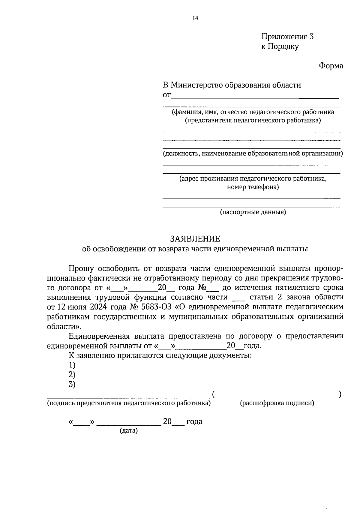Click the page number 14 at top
click(x=195, y=18)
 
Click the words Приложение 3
click(x=287, y=37)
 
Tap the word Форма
click(x=331, y=66)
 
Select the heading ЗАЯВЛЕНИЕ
click(x=195, y=239)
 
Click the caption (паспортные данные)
click(x=253, y=212)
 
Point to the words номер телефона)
click(x=253, y=187)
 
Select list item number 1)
click(x=72, y=365)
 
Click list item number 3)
click(x=72, y=384)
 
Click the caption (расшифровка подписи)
click(x=277, y=403)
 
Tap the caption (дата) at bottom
click(x=129, y=431)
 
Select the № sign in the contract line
click(x=201, y=288)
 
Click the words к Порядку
click(x=280, y=46)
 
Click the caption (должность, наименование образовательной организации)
click(x=253, y=154)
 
